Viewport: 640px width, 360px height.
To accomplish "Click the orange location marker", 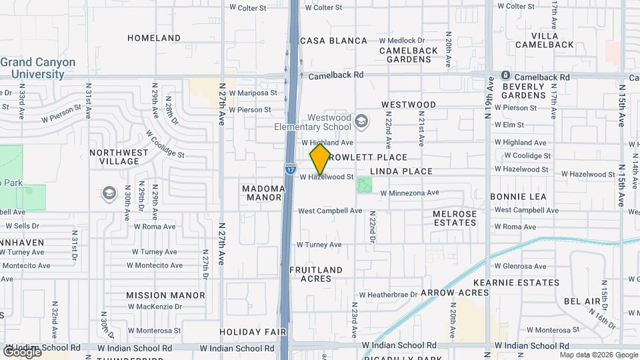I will click(x=320, y=159).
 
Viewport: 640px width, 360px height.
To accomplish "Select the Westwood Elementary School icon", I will click(x=361, y=121).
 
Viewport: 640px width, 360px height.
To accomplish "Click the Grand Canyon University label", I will click(x=38, y=68).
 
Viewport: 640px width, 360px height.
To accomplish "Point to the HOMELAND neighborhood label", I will click(x=153, y=38).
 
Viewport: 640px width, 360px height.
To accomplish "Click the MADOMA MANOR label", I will click(x=265, y=193).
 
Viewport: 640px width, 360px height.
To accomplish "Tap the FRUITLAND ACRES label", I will click(x=316, y=274).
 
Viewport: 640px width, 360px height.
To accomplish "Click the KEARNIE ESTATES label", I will click(x=525, y=283).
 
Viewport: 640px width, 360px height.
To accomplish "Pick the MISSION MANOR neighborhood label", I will click(x=165, y=295).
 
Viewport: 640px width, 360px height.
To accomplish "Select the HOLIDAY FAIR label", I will click(x=253, y=331).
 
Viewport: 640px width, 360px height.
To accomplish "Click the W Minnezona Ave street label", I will click(x=409, y=193).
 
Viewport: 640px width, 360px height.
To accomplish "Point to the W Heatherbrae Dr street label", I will click(x=388, y=294).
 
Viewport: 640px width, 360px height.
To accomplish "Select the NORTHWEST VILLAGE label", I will click(x=119, y=157).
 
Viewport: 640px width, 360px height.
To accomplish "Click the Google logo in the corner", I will click(x=22, y=351).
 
